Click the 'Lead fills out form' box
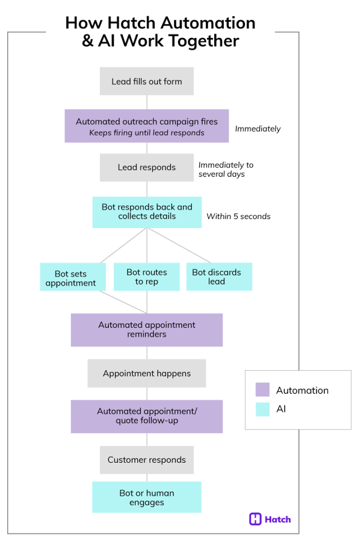pyautogui.click(x=147, y=81)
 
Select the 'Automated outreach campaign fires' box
pyautogui.click(x=147, y=126)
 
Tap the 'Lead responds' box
pyautogui.click(x=147, y=167)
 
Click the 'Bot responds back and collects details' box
pyautogui.click(x=147, y=211)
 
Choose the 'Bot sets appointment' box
pyautogui.click(x=72, y=277)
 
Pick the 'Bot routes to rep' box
pyautogui.click(x=147, y=277)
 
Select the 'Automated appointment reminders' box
pyautogui.click(x=147, y=329)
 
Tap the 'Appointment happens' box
pyautogui.click(x=147, y=373)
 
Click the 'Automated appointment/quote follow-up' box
pyautogui.click(x=147, y=416)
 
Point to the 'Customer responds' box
pyautogui.click(x=147, y=460)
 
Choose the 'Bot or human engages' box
pyautogui.click(x=147, y=497)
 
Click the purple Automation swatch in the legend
pyautogui.click(x=262, y=390)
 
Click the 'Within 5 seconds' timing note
pyautogui.click(x=238, y=216)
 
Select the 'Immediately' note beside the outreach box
pyautogui.click(x=258, y=128)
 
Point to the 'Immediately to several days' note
pyautogui.click(x=226, y=169)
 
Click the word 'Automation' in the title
pyautogui.click(x=211, y=23)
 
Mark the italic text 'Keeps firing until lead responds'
pyautogui.click(x=147, y=132)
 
